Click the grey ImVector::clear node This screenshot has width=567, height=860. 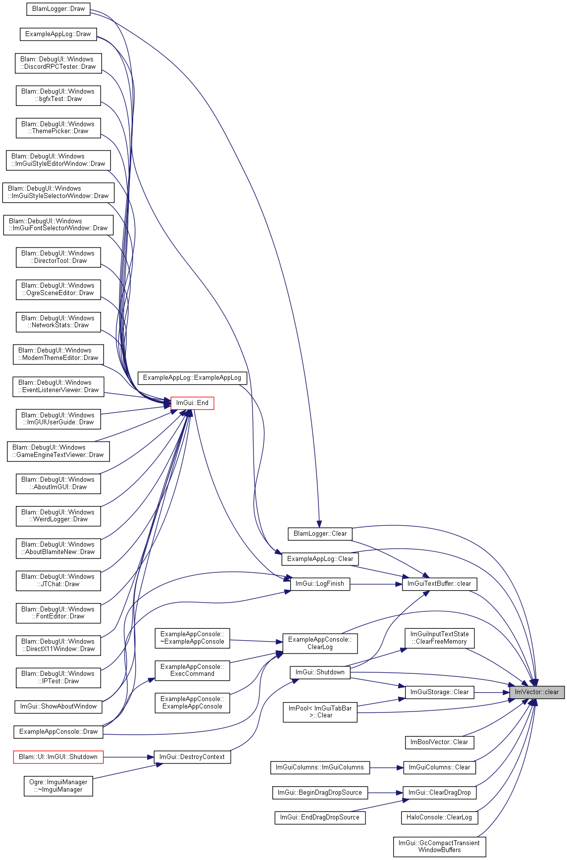537,692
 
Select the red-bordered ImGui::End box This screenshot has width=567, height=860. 192,403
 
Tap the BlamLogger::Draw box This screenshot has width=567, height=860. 58,9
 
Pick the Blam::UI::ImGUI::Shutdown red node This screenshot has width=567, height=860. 58,757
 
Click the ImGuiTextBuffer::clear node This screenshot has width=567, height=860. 439,584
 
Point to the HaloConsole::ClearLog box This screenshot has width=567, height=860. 439,817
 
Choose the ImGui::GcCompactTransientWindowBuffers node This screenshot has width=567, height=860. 439,847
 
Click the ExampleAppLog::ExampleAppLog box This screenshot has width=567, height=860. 192,378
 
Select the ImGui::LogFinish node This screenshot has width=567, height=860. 320,584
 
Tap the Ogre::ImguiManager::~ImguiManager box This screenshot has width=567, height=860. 58,786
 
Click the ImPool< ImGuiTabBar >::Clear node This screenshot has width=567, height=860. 320,712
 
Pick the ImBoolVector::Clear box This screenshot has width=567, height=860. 439,742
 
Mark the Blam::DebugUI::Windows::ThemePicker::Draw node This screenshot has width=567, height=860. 58,128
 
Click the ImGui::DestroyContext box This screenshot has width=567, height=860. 192,757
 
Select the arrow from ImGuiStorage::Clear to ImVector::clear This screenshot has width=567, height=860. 492,692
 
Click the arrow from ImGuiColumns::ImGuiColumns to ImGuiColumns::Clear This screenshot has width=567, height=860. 386,767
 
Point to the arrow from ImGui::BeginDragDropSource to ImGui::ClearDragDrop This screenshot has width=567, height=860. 385,793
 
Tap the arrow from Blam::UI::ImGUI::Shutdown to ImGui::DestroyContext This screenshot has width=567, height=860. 129,757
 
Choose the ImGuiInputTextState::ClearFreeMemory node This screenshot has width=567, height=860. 439,638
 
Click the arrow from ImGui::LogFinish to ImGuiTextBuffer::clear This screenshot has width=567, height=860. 376,584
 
